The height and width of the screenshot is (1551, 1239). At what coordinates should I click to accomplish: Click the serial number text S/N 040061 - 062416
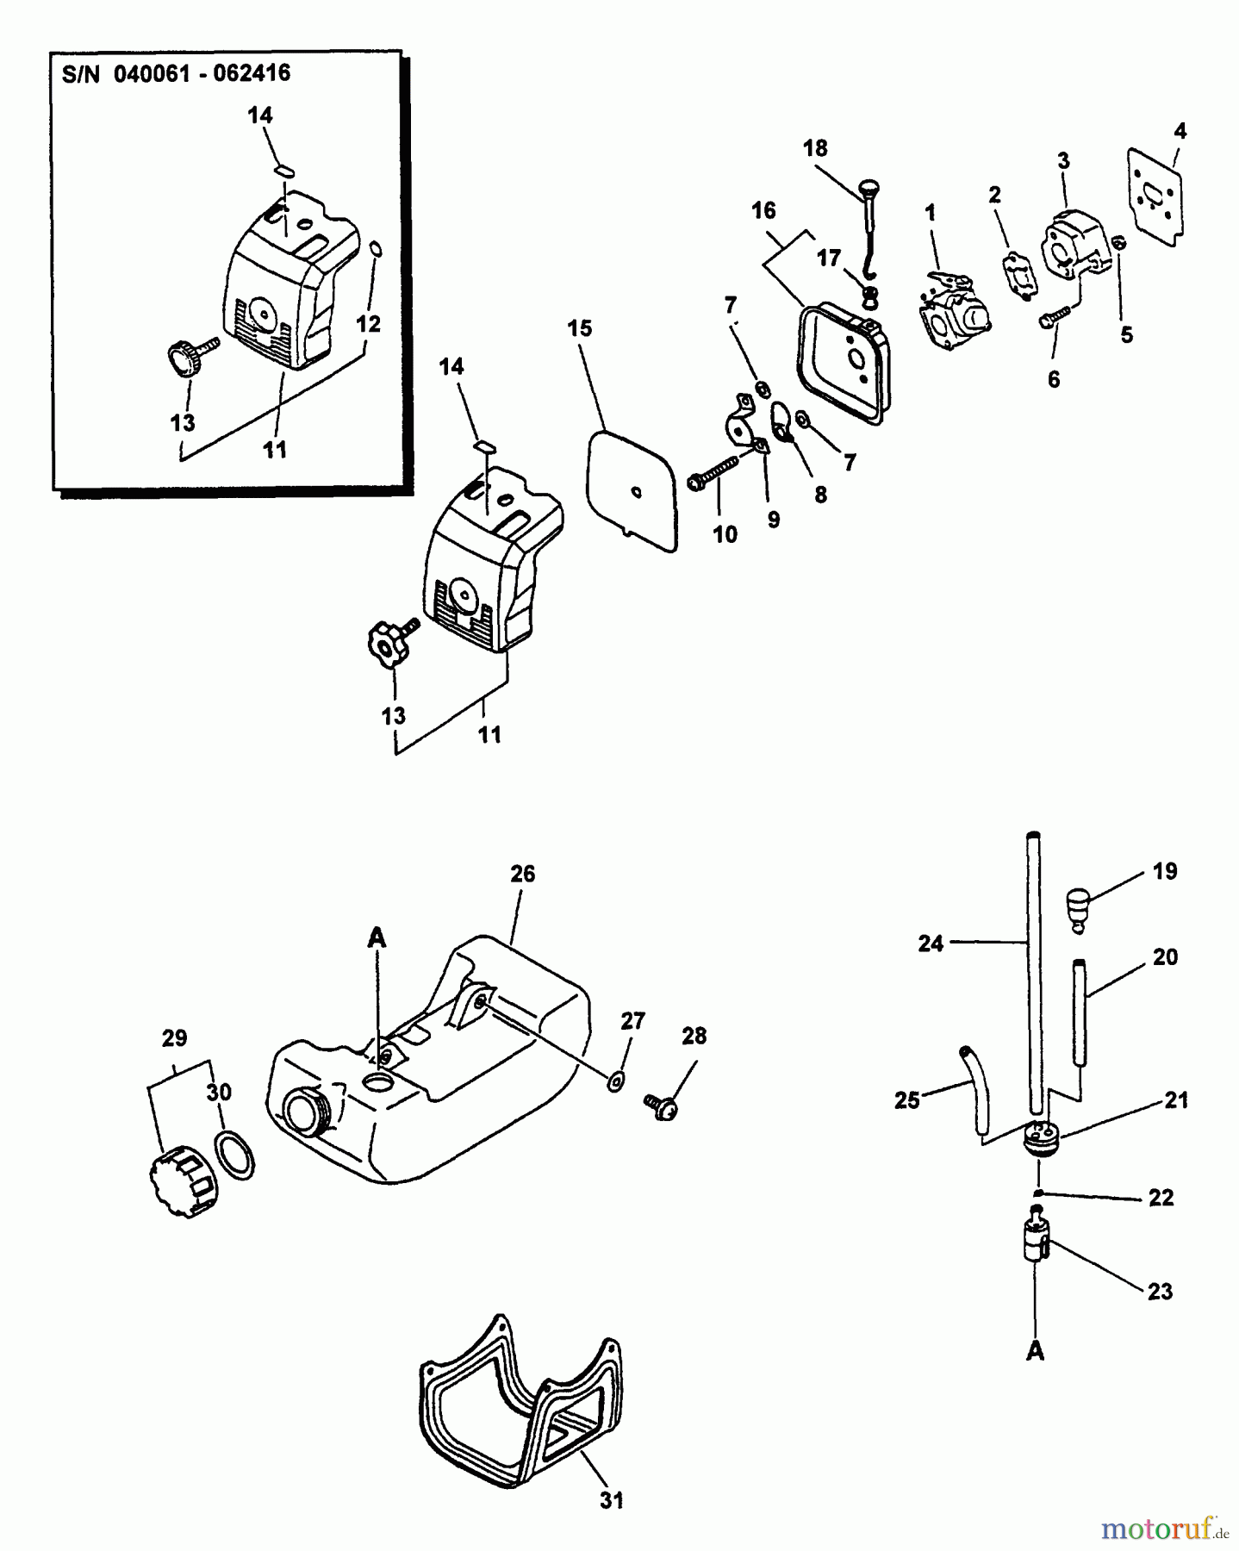tap(176, 73)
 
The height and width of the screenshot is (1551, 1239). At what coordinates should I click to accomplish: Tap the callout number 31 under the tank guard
tap(611, 1500)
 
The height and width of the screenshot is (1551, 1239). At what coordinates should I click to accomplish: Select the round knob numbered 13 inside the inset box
tap(187, 358)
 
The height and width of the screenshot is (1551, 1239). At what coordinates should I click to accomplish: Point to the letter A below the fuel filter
tap(1035, 1352)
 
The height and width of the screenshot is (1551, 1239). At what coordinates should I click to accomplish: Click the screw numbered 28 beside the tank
tap(662, 1106)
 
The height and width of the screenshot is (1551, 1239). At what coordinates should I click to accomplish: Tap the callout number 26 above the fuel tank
tap(522, 874)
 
